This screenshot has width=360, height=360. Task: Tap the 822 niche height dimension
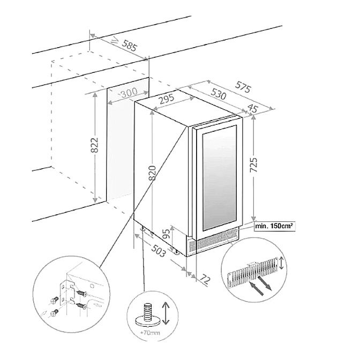pyautogui.click(x=94, y=144)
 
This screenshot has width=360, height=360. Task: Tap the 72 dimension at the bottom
pyautogui.click(x=204, y=279)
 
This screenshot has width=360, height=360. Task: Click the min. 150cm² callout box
pyautogui.click(x=274, y=227)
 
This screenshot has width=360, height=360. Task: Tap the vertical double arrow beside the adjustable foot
pyautogui.click(x=167, y=313)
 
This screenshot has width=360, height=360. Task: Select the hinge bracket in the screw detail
pyautogui.click(x=69, y=292)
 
